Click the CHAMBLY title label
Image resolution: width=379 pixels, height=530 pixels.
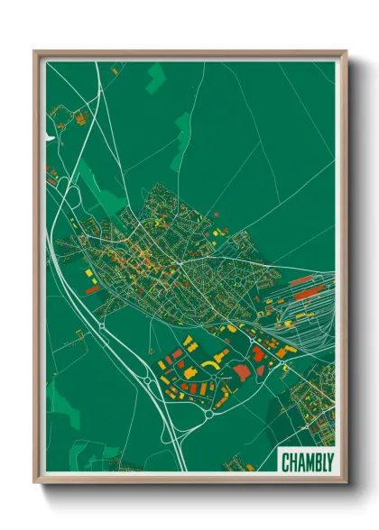306,461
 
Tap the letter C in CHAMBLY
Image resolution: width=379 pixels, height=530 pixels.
286,461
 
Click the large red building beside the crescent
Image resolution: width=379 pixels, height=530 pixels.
242,371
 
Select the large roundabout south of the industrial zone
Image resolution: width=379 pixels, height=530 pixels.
209,415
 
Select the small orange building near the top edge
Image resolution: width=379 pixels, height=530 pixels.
115,68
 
